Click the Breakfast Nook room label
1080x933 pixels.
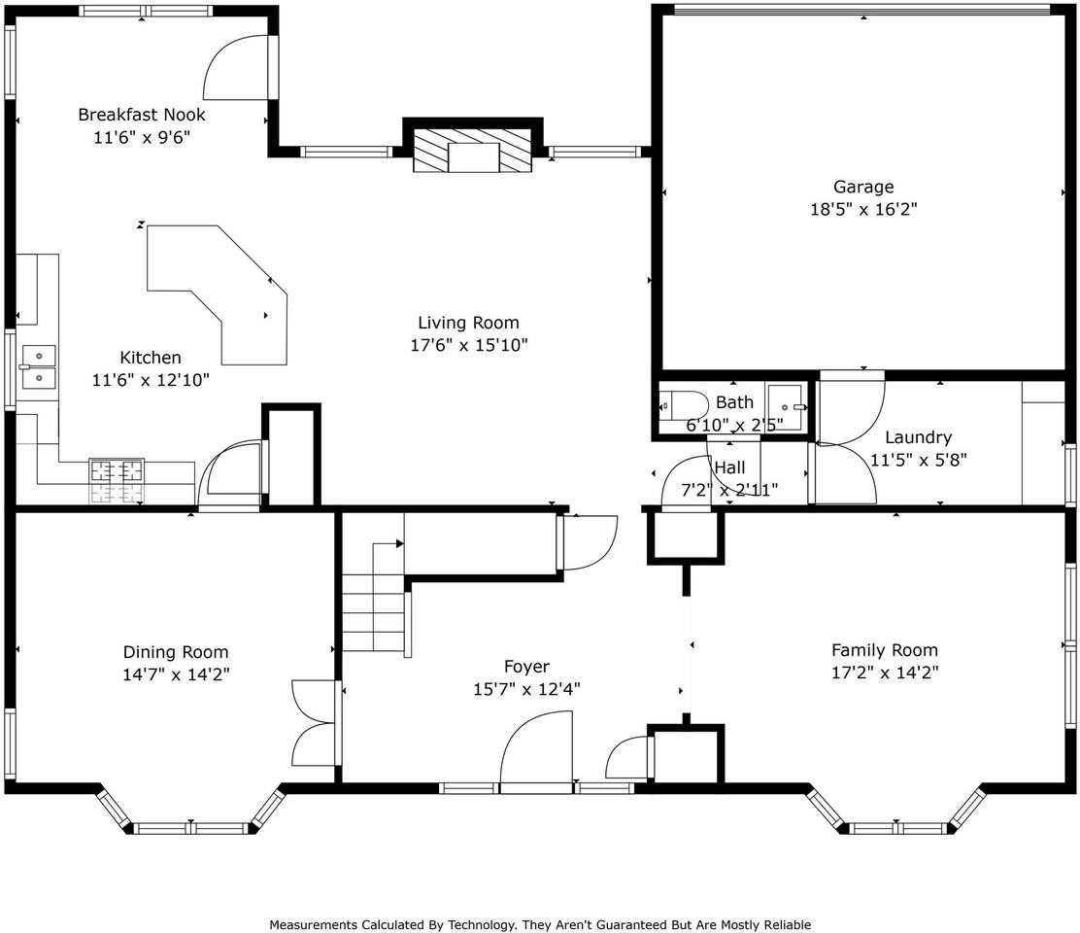[141, 115]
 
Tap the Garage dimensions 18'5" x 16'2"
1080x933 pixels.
[863, 209]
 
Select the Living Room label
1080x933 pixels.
[468, 323]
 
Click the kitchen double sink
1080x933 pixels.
[37, 367]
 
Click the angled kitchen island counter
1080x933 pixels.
[217, 294]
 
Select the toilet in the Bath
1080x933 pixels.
[684, 406]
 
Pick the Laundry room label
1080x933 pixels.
[918, 437]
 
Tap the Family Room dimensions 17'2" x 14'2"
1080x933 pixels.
[885, 673]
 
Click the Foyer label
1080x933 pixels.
[527, 667]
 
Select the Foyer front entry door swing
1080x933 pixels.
[536, 748]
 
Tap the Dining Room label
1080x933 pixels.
[176, 652]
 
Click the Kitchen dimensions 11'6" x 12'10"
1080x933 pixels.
[151, 380]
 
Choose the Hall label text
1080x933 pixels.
[730, 467]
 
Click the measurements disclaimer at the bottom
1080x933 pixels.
[540, 924]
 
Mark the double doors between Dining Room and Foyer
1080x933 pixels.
[314, 723]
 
